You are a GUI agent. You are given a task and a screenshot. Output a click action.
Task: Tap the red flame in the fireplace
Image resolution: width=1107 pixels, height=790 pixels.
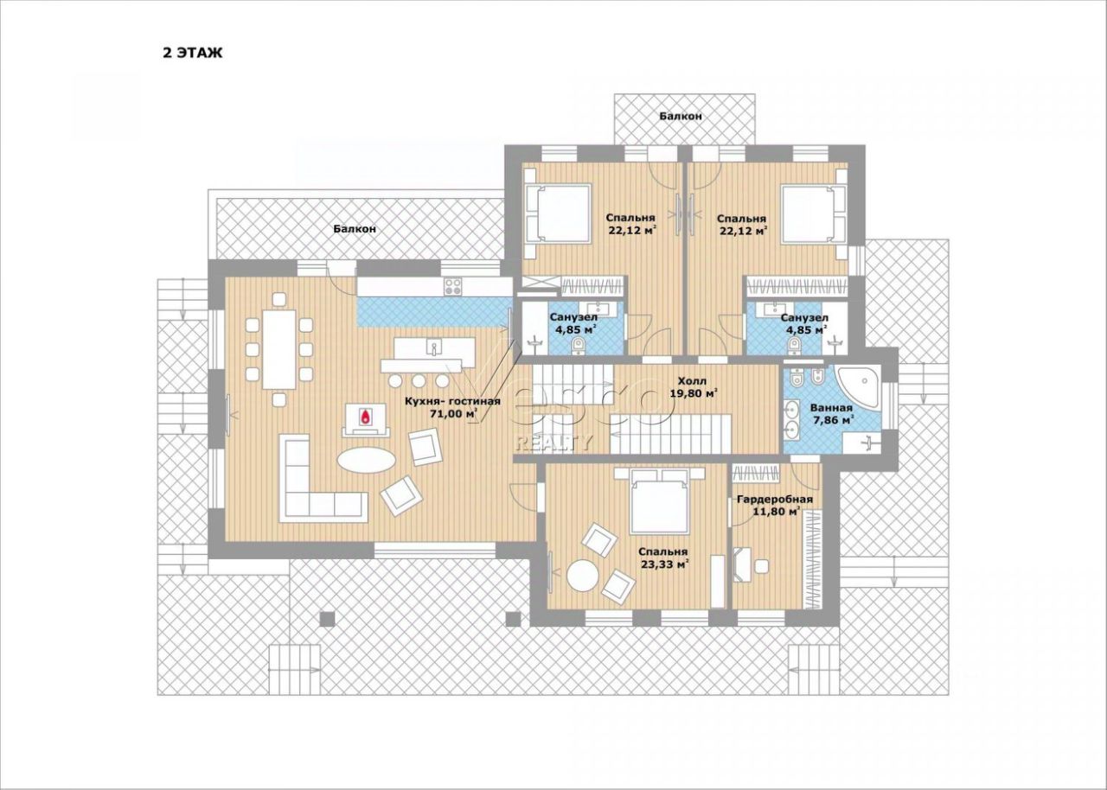tap(366, 417)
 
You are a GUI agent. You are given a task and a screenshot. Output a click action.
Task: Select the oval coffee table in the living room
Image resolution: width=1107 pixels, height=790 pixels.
tap(366, 461)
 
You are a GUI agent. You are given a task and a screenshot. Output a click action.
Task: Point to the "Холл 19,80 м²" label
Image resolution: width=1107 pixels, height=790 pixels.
tap(692, 386)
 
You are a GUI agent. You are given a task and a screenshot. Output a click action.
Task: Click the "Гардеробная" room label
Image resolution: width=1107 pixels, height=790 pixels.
tap(775, 500)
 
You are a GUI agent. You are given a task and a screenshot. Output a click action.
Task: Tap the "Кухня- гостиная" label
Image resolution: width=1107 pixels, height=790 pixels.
tap(452, 401)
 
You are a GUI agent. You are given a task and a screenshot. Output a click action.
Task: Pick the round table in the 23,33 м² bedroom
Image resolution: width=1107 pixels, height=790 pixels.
tap(583, 576)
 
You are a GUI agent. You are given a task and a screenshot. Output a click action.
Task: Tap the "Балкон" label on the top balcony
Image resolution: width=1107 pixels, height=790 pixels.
tap(681, 116)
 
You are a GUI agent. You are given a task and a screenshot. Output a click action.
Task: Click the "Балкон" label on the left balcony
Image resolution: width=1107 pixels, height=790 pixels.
tap(355, 228)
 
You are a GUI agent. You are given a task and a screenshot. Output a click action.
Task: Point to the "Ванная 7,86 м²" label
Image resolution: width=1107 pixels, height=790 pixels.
tap(831, 414)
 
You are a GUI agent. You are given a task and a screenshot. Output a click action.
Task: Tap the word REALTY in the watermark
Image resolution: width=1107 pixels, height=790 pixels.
tap(553, 443)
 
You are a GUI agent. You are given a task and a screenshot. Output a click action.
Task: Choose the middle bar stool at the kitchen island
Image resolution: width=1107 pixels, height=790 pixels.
tap(419, 380)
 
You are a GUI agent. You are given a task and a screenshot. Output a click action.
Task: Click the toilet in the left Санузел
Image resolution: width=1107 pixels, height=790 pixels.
tap(576, 346)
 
